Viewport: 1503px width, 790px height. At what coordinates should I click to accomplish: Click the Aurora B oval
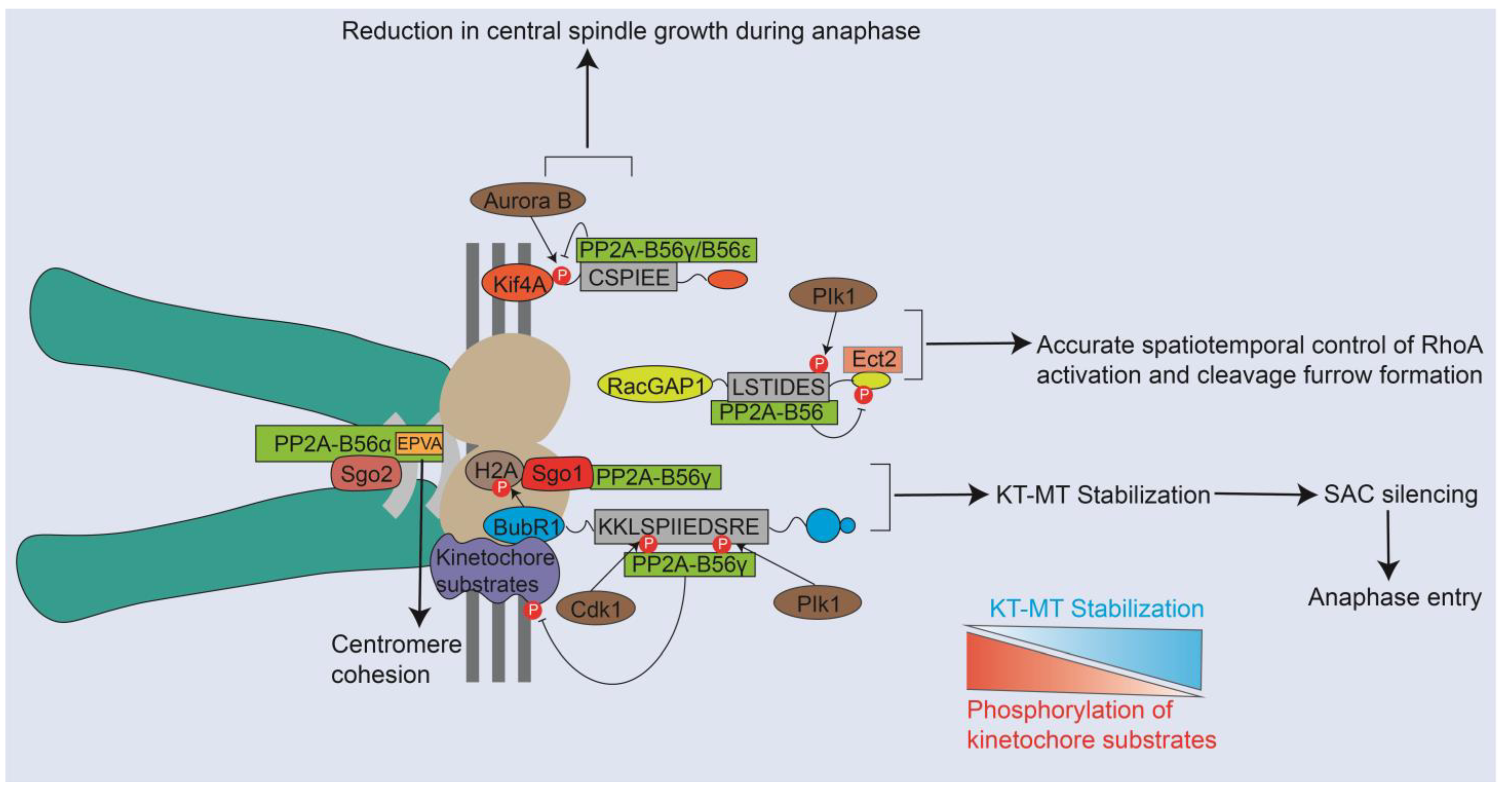(527, 200)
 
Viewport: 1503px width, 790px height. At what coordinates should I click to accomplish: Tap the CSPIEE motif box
(629, 277)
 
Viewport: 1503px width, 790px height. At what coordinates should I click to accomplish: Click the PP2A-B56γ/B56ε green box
(666, 249)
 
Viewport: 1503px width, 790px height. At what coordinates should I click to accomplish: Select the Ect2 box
(873, 359)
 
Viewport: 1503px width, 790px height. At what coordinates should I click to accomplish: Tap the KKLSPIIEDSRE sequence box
(681, 526)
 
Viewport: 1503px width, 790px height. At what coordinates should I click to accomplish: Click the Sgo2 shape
(366, 474)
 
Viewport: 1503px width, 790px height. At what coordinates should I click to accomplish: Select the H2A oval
(495, 470)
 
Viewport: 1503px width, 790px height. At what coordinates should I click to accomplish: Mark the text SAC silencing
(1401, 494)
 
